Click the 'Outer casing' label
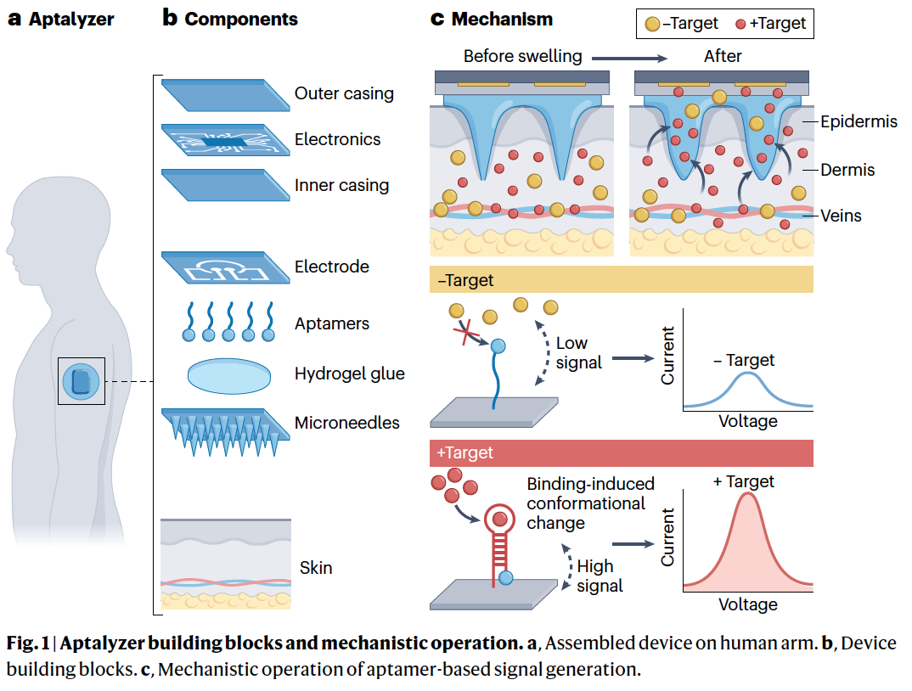click(344, 93)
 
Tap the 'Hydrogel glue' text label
click(349, 374)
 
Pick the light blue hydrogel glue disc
click(225, 375)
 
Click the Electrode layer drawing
click(222, 268)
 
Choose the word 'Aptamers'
click(332, 324)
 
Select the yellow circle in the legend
click(652, 24)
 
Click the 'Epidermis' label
click(859, 121)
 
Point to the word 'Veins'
click(841, 216)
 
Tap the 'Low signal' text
click(579, 353)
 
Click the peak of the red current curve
click(747, 495)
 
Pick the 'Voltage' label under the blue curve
click(747, 420)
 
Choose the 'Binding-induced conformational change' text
click(590, 503)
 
